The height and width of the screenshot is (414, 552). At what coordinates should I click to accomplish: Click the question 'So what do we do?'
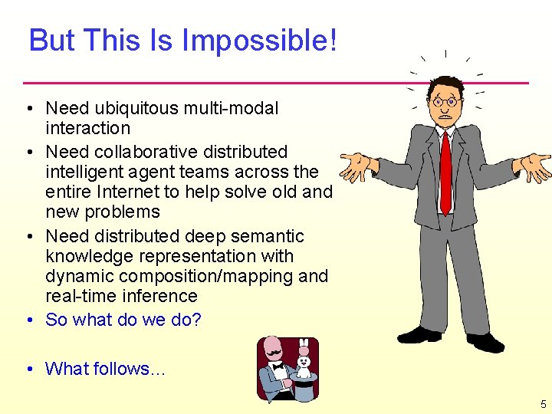(x=123, y=320)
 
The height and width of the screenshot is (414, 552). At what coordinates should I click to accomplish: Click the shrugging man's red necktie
(x=445, y=172)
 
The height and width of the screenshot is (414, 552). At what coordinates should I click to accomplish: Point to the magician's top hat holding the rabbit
(x=305, y=387)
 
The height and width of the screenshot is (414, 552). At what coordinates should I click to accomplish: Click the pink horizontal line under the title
(x=276, y=82)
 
